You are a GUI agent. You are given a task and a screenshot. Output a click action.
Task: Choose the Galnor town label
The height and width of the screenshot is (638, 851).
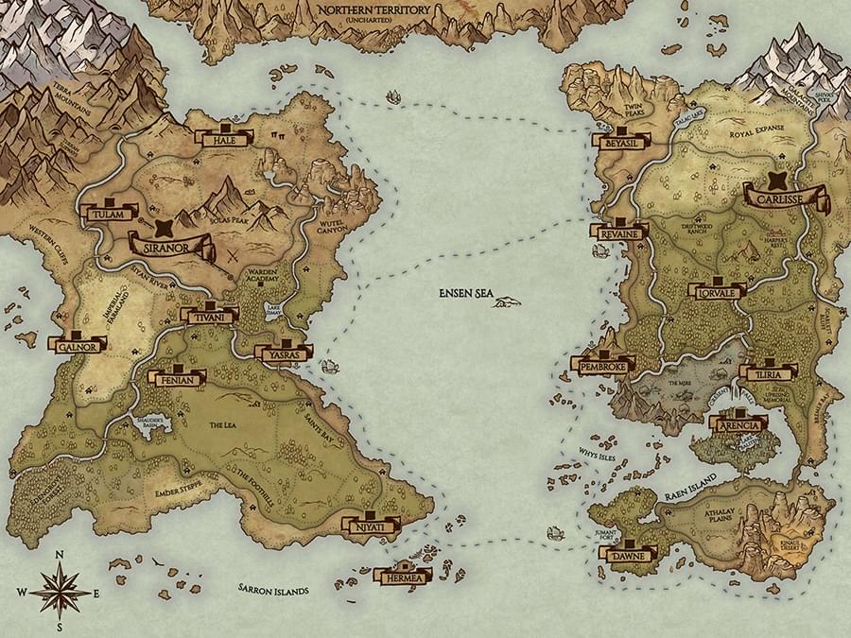pyautogui.click(x=77, y=346)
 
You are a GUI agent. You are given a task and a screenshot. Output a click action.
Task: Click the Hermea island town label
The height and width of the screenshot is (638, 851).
pyautogui.click(x=403, y=575)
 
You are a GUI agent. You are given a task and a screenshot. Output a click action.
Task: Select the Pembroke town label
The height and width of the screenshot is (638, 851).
pyautogui.click(x=602, y=364)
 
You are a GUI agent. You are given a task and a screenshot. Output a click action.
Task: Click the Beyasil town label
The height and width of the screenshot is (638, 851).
pyautogui.click(x=622, y=141)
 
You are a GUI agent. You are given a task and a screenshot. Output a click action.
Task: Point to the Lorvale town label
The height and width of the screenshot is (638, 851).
pyautogui.click(x=717, y=292)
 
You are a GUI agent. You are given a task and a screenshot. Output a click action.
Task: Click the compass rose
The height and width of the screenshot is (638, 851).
pyautogui.click(x=60, y=589)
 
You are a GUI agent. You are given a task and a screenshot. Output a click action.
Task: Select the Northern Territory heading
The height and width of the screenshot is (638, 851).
pyautogui.click(x=374, y=10)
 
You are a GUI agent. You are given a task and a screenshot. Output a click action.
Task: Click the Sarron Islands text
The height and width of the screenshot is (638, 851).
pyautogui.click(x=273, y=591)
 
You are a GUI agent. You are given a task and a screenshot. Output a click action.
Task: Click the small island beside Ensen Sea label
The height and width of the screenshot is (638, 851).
pyautogui.click(x=509, y=302)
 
